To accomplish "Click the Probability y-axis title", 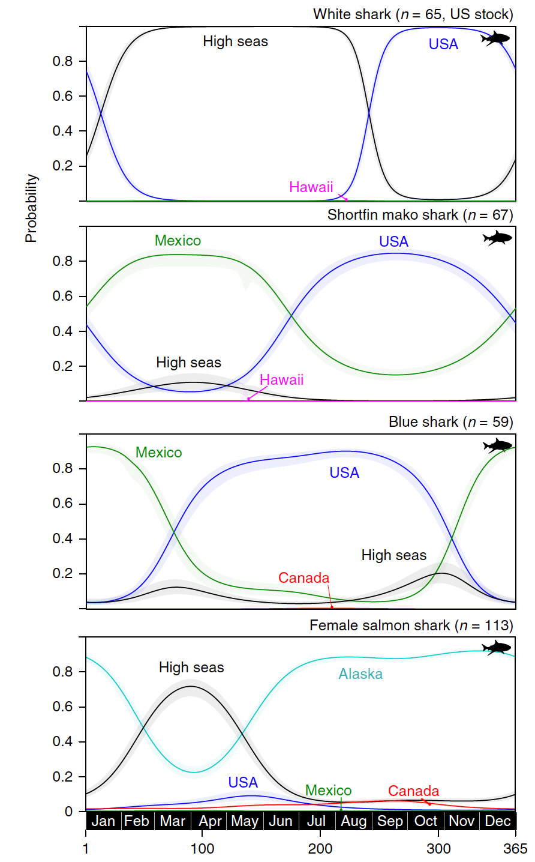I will pos(31,209).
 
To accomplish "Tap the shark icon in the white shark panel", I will pos(495,38).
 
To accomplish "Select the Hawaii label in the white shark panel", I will pos(311,187).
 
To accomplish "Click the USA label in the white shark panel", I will pos(443,44).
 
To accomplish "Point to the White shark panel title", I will pos(413,14).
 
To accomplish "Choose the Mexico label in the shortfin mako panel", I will pos(178,241).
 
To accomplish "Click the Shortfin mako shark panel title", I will pos(420,215).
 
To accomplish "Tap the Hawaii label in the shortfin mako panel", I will pos(281,380).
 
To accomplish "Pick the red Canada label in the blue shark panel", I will pos(303,578).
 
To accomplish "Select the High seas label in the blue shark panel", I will pos(393,555).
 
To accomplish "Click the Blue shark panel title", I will pos(450,422).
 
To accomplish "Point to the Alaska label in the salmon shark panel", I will pos(360,674).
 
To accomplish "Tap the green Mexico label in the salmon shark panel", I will pos(328,791).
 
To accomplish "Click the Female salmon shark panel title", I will pos(411,625).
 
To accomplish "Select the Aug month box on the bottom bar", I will pos(353,821).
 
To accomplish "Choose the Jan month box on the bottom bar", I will pos(103,821).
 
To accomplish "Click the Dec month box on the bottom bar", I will pos(498,821).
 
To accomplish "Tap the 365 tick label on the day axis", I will pos(515,849).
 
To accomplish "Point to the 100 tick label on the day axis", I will pos(202,849).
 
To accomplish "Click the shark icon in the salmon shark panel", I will pos(497,648).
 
